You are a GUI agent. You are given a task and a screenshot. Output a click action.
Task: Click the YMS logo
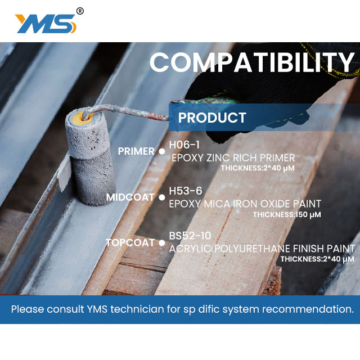click(46, 24)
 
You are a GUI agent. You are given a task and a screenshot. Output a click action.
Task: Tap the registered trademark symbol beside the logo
click(80, 11)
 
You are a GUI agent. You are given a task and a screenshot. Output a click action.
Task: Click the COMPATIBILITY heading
click(252, 62)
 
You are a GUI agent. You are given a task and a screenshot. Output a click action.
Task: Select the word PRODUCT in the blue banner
click(212, 118)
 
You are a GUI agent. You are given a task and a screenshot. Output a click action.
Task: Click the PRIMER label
click(136, 151)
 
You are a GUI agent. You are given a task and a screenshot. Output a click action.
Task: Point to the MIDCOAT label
click(130, 197)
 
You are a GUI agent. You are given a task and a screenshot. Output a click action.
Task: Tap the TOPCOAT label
click(130, 242)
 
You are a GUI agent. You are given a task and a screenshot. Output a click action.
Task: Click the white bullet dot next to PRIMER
click(162, 151)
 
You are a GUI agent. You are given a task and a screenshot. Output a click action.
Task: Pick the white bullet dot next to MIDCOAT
click(162, 197)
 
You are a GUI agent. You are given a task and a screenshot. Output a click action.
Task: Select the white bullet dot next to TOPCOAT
click(162, 243)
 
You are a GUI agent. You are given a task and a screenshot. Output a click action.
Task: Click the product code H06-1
click(184, 145)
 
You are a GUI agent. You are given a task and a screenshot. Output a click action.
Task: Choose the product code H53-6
click(186, 191)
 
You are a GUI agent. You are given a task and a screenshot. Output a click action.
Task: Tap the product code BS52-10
click(190, 236)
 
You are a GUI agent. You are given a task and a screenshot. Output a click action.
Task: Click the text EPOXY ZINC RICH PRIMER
click(233, 158)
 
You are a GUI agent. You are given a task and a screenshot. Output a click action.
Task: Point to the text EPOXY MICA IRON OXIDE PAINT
click(245, 204)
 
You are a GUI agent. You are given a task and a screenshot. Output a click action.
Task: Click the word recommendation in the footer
click(308, 309)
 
